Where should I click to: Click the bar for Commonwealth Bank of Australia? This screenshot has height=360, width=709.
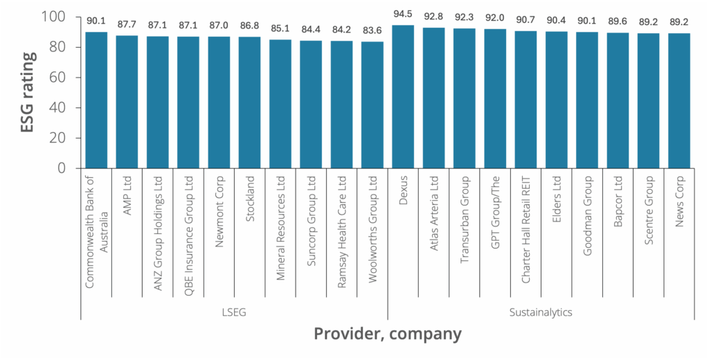tap(97, 100)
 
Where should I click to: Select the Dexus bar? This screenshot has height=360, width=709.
tap(403, 97)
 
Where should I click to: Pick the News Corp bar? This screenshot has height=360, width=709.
tap(679, 101)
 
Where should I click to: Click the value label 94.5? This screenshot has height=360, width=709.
tap(403, 16)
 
